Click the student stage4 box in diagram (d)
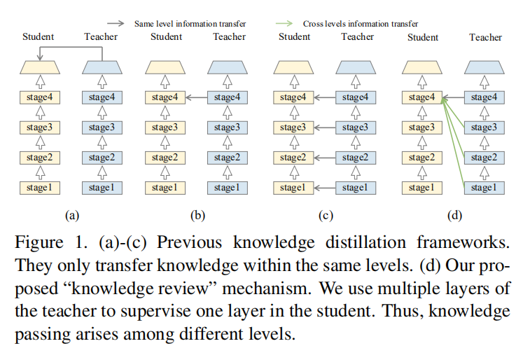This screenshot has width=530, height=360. click(422, 97)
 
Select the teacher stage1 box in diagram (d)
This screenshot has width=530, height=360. click(484, 188)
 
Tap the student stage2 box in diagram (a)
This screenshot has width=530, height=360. click(40, 158)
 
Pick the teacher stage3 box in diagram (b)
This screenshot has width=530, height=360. click(228, 127)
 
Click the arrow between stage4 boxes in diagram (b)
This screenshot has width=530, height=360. click(196, 97)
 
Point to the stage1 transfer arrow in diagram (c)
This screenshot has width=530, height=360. click(324, 188)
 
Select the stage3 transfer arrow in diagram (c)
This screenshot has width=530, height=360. click(324, 127)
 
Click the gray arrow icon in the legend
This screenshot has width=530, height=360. click(116, 23)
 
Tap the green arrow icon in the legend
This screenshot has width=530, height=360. click(284, 23)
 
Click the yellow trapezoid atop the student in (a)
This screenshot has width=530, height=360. click(40, 67)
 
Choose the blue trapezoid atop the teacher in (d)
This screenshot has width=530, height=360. click(484, 67)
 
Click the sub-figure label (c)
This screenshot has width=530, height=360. click(326, 215)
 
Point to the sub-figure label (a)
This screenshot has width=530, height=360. click(72, 215)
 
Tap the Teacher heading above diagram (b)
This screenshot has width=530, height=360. click(229, 36)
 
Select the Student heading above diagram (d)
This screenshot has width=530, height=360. click(423, 37)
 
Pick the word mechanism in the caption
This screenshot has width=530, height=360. click(267, 289)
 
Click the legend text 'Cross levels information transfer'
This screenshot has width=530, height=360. click(361, 24)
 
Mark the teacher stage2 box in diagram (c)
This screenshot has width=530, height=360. click(356, 158)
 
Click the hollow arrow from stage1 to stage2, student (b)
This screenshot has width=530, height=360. click(165, 173)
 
